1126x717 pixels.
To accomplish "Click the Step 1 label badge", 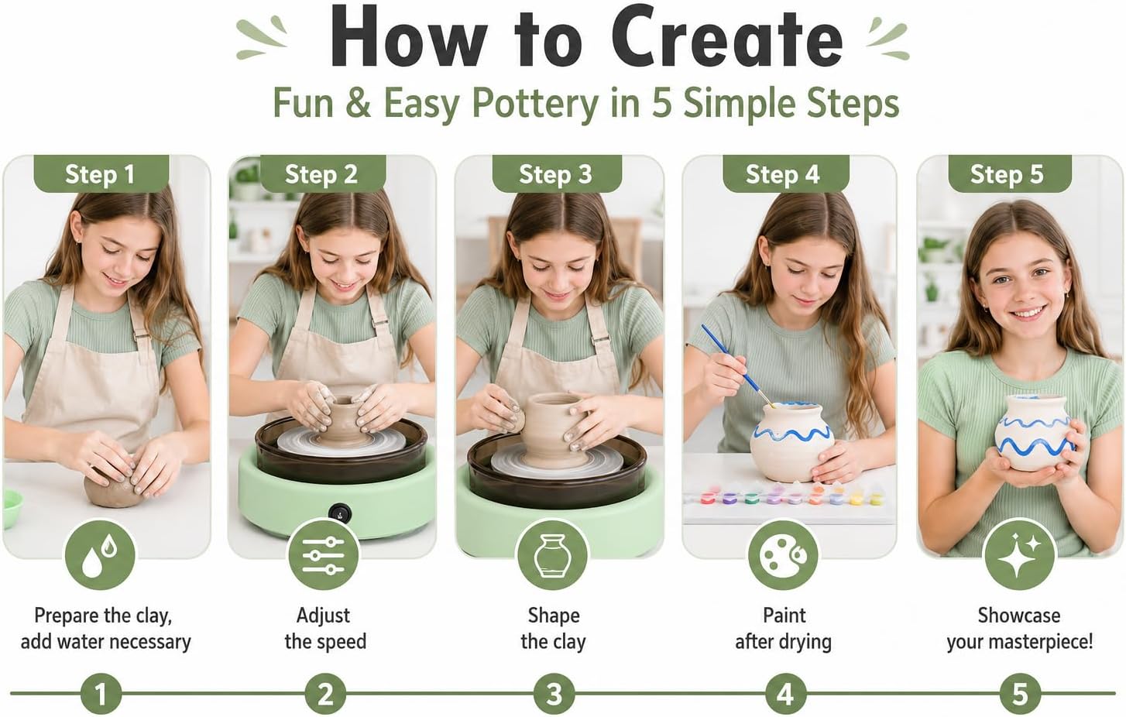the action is click(101, 174).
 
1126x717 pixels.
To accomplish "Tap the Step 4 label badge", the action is click(786, 174).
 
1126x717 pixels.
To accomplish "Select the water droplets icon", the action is click(100, 554).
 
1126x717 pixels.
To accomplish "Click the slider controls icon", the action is click(324, 554).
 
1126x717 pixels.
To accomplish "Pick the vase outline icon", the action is click(552, 554).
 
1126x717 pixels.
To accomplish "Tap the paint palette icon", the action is click(783, 554).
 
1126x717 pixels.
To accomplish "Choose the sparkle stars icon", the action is click(1019, 554).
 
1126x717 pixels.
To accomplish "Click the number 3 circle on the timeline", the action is click(554, 694).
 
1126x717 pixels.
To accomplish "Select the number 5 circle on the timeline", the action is click(1020, 694).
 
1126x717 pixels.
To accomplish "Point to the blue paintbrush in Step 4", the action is click(738, 365).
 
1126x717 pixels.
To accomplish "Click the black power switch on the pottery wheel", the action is click(340, 513).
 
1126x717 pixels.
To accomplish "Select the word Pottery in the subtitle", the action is click(535, 104).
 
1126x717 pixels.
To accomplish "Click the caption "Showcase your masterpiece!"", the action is click(1019, 629).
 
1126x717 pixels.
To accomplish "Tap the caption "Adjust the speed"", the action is click(324, 629).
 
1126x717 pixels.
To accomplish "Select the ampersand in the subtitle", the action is click(358, 103).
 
